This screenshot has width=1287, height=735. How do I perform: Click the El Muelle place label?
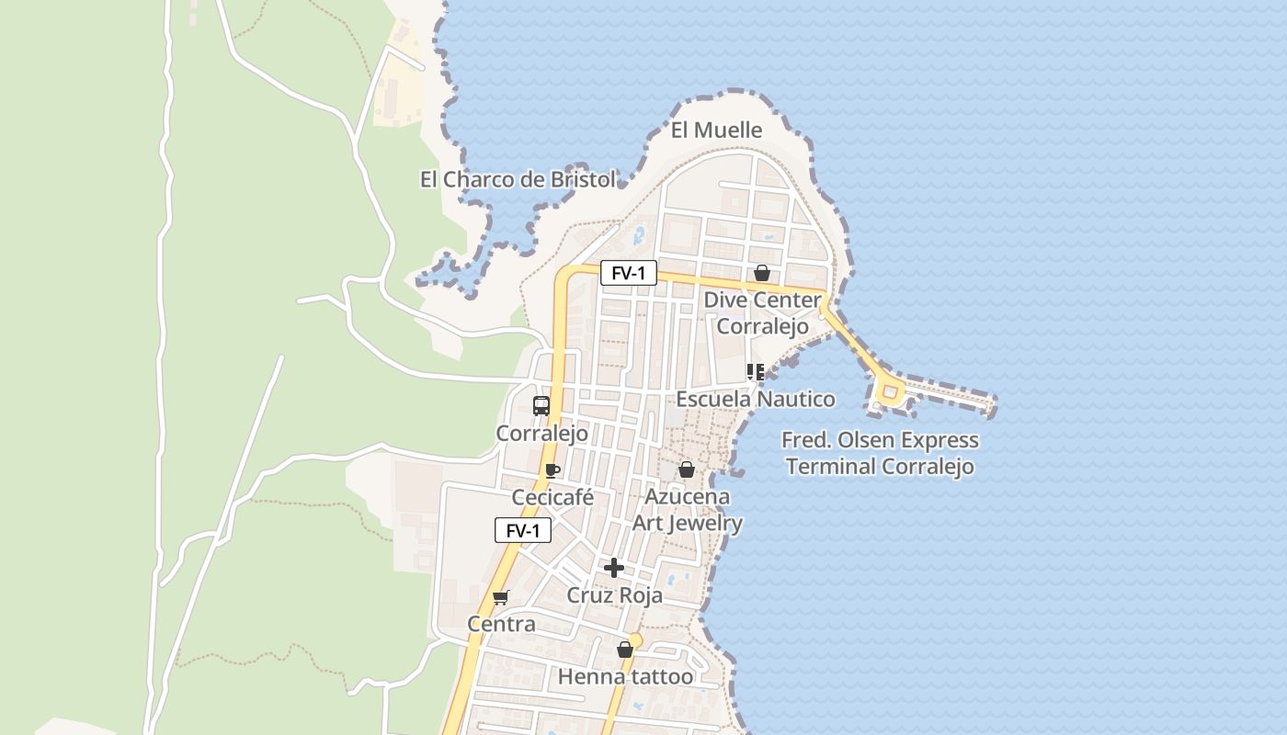pos(716,130)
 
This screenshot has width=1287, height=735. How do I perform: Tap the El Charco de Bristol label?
pos(518,179)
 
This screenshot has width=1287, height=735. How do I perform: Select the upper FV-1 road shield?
pos(629,273)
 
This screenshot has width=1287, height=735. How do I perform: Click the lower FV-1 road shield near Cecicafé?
pos(522,530)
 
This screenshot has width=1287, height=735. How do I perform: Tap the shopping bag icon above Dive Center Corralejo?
pos(761,273)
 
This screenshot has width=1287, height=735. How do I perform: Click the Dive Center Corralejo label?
pos(762,313)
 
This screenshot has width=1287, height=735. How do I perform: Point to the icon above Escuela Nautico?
pos(756,372)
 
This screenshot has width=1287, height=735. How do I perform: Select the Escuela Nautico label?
pos(756,399)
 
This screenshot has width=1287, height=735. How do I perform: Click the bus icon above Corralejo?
pos(541,405)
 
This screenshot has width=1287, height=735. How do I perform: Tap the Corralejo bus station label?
pos(541,433)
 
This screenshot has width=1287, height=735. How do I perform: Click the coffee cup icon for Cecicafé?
pos(552,470)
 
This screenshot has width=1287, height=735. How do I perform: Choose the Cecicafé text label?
pos(552,498)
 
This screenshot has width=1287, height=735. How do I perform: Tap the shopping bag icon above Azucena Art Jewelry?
pos(686,469)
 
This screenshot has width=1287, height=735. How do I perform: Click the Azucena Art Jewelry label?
pos(688,510)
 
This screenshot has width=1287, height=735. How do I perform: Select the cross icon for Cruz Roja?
pos(614,568)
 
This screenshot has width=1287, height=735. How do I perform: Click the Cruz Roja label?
pos(614,595)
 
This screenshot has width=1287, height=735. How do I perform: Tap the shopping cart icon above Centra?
pos(501,597)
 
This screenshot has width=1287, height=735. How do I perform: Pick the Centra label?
pos(501,625)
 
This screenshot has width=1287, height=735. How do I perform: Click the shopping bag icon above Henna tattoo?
pos(625,650)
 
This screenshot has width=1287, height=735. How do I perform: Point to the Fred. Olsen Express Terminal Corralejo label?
pos(880,453)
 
